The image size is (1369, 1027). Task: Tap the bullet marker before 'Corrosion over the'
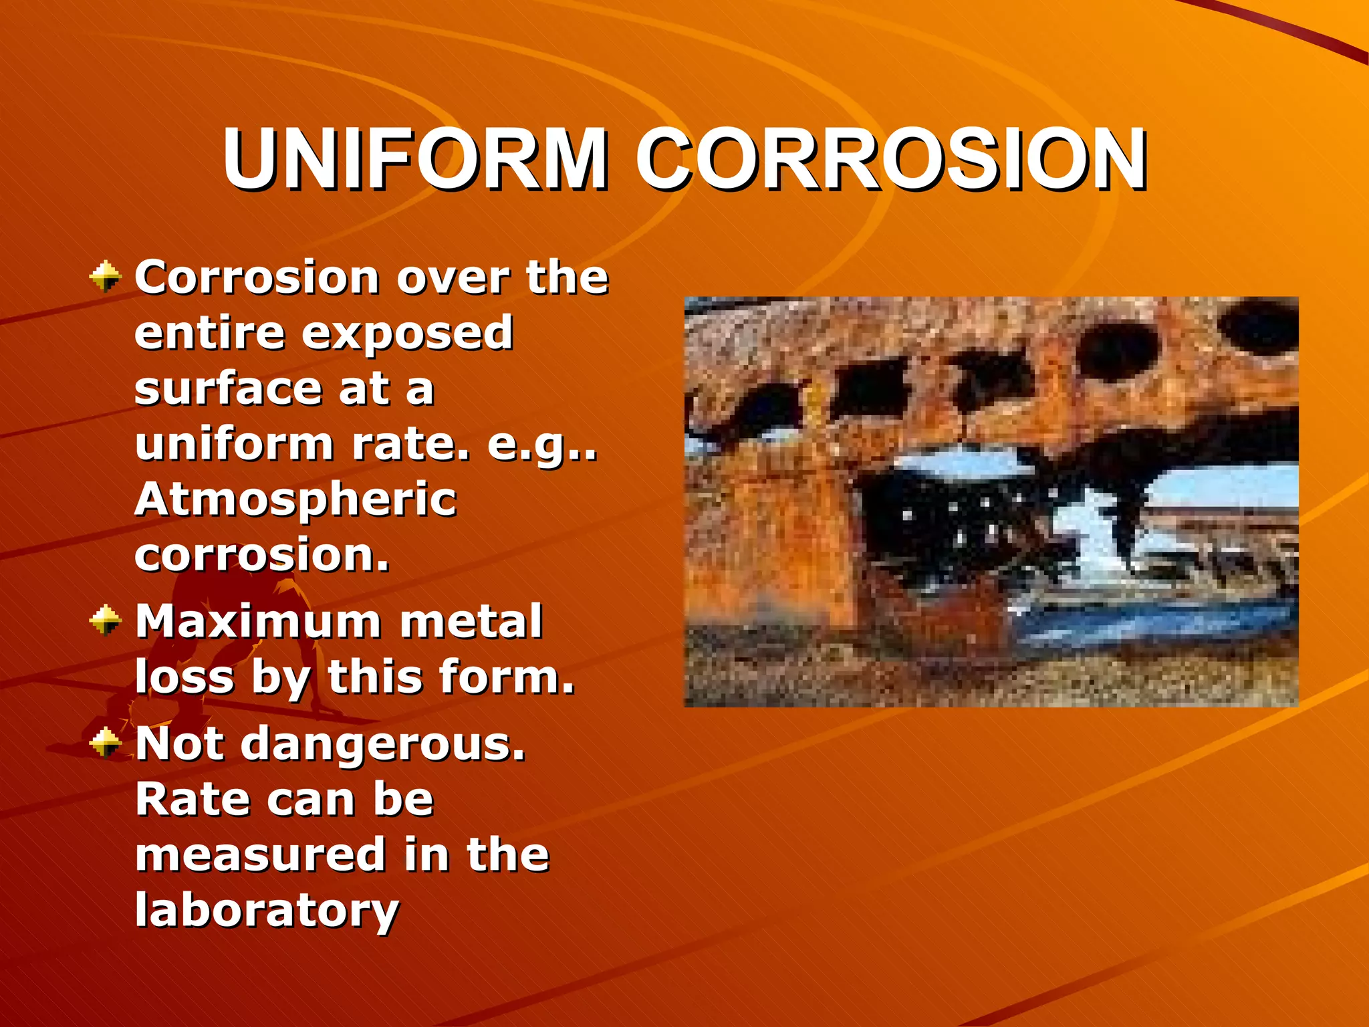click(x=105, y=277)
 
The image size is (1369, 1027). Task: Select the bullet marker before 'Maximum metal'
click(x=105, y=620)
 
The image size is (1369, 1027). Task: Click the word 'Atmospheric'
click(x=295, y=500)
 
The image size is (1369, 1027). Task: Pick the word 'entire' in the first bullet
click(x=209, y=333)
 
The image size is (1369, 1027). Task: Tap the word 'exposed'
click(x=407, y=333)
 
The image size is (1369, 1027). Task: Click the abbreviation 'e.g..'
click(x=541, y=445)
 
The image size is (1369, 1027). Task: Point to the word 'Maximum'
click(x=259, y=622)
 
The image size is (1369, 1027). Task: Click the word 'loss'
click(x=184, y=677)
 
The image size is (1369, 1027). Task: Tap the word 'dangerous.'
click(x=383, y=745)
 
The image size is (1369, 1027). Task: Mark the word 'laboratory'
click(x=267, y=912)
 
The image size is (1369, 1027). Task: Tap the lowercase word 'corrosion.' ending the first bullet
click(x=261, y=555)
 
